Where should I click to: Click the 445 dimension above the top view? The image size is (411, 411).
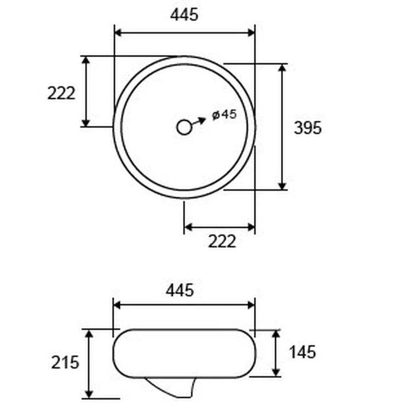[x=184, y=15]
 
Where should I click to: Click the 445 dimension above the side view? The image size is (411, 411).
[x=180, y=290]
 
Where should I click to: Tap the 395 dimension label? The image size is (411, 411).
[x=307, y=128]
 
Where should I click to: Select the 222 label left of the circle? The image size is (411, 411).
[x=61, y=93]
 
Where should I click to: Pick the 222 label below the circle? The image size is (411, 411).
[x=222, y=241]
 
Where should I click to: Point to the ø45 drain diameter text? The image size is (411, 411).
[x=225, y=115]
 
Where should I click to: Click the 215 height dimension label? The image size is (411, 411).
[x=65, y=363]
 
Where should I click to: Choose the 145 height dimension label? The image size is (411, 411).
[x=302, y=352]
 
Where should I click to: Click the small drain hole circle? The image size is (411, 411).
[x=184, y=127]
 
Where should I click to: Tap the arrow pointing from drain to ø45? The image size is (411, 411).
[x=199, y=121]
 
